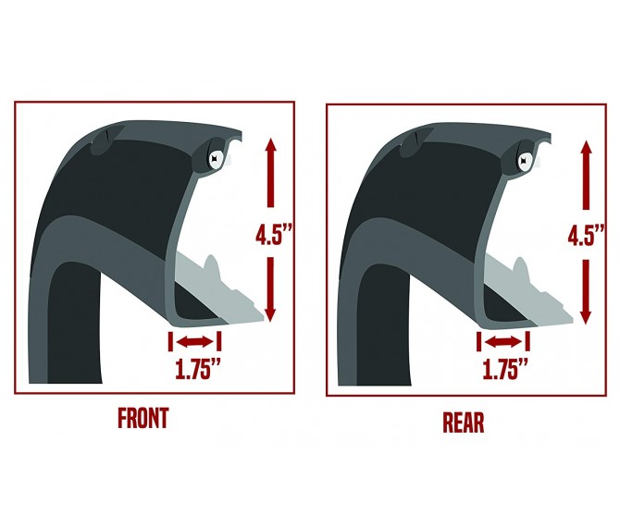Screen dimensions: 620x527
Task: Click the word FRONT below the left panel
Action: pyautogui.click(x=143, y=418)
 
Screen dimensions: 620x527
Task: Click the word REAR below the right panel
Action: pyautogui.click(x=463, y=423)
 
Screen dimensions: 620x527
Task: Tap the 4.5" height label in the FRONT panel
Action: pyautogui.click(x=274, y=235)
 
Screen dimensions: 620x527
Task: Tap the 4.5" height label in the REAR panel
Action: pyautogui.click(x=586, y=236)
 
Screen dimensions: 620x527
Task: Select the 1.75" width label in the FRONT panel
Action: pyautogui.click(x=197, y=369)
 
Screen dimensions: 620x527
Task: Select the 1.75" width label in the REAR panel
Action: pyautogui.click(x=505, y=369)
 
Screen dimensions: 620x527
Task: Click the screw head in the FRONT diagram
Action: pyautogui.click(x=216, y=159)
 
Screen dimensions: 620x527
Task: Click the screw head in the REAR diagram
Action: pyautogui.click(x=525, y=161)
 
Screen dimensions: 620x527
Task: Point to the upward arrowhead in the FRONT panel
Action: pyautogui.click(x=270, y=146)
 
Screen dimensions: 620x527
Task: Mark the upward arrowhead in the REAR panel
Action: pyautogui.click(x=586, y=149)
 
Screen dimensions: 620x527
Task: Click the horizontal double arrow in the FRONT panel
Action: pyautogui.click(x=194, y=342)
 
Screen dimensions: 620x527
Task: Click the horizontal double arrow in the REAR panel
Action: pyautogui.click(x=503, y=342)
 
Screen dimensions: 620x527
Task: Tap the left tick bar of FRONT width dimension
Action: pyautogui.click(x=170, y=342)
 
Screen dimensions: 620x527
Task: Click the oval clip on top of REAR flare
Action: pyautogui.click(x=415, y=142)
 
